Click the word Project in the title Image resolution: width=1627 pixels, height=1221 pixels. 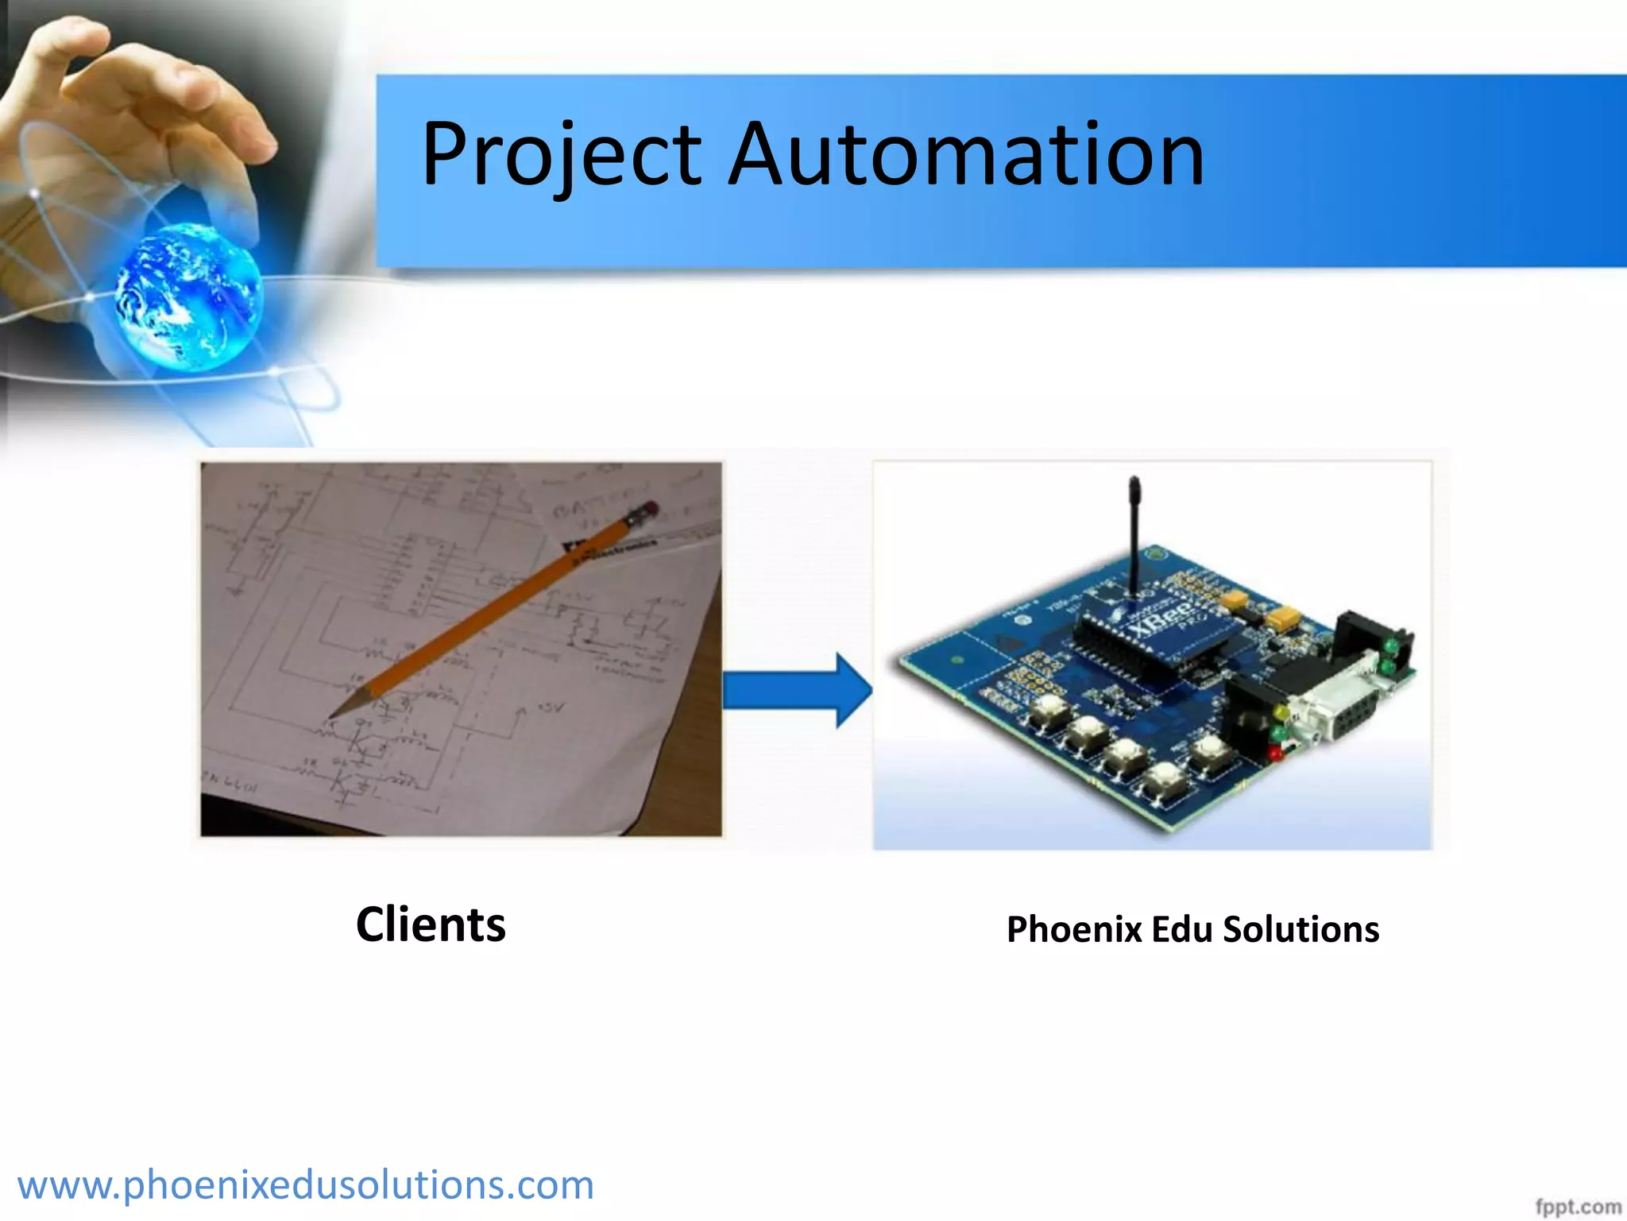(x=561, y=155)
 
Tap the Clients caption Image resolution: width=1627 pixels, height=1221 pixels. (x=431, y=924)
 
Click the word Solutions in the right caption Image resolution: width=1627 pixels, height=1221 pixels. (x=1300, y=929)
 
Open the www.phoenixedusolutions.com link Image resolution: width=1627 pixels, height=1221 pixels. (x=305, y=1185)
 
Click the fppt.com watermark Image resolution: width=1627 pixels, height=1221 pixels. (x=1577, y=1207)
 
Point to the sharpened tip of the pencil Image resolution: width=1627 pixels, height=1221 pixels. (x=334, y=715)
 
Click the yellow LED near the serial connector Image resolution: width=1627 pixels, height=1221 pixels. (x=1278, y=711)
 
